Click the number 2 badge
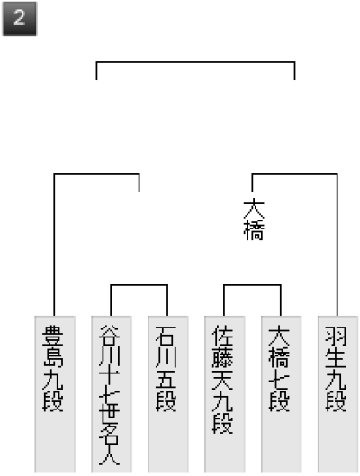tap(20, 19)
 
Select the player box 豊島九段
tap(55, 394)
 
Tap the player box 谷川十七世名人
tap(112, 394)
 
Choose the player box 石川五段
tap(168, 394)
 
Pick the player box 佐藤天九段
tap(225, 394)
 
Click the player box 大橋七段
tap(282, 394)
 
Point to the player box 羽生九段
tap(337, 394)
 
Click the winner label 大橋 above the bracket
tap(254, 220)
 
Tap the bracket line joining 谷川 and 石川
tap(139, 285)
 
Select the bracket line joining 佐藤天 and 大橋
tap(252, 285)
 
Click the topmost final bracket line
tap(196, 62)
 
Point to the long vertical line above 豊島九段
tap(54, 245)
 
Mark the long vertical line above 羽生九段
tap(337, 245)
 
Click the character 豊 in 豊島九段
tap(53, 336)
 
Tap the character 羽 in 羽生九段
tap(336, 336)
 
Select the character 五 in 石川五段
tap(166, 379)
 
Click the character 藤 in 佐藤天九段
tap(222, 357)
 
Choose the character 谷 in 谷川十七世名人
tap(109, 335)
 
